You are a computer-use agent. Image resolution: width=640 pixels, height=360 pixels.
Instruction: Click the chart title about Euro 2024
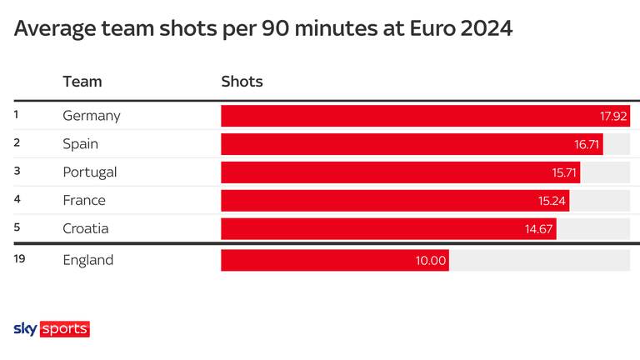[x=263, y=29]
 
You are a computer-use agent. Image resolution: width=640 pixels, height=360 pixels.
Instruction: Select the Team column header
[x=82, y=82]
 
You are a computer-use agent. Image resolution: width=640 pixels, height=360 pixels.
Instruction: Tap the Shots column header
[x=242, y=82]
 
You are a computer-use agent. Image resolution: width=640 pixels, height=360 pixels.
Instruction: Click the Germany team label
[x=92, y=116]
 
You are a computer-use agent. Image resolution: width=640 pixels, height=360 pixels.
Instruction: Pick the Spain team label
[x=81, y=144]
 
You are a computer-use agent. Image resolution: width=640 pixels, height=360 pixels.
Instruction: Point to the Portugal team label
[x=90, y=172]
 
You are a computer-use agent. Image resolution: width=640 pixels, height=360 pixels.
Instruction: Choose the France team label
[x=84, y=201]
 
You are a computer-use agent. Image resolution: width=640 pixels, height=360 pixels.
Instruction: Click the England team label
[x=88, y=260]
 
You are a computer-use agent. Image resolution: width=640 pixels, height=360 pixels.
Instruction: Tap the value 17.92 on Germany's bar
[x=612, y=116]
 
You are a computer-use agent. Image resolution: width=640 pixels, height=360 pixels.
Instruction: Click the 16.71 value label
[x=587, y=144]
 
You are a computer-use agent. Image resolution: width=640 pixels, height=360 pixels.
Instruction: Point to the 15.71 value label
[x=564, y=172]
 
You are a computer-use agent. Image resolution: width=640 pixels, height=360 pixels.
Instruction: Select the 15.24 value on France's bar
[x=552, y=201]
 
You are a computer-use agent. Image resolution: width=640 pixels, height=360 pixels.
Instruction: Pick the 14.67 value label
[x=539, y=229]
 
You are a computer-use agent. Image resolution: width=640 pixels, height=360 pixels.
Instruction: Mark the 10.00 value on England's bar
[x=432, y=261]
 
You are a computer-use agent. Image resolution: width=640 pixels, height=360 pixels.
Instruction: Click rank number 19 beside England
[x=20, y=259]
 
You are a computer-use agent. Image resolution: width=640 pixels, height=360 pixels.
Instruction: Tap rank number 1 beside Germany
[x=17, y=115]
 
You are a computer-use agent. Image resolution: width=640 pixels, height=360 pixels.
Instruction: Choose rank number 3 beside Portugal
[x=17, y=172]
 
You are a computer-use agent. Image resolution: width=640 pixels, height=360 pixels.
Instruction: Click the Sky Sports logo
[x=52, y=329]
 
